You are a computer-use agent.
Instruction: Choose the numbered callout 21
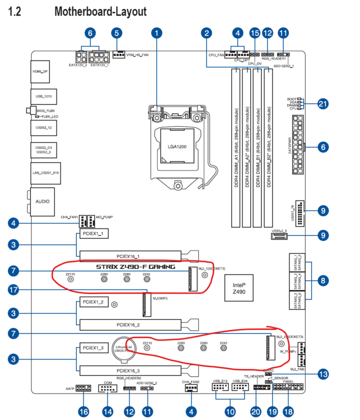(x=322, y=104)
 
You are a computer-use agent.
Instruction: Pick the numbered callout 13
(x=323, y=374)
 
